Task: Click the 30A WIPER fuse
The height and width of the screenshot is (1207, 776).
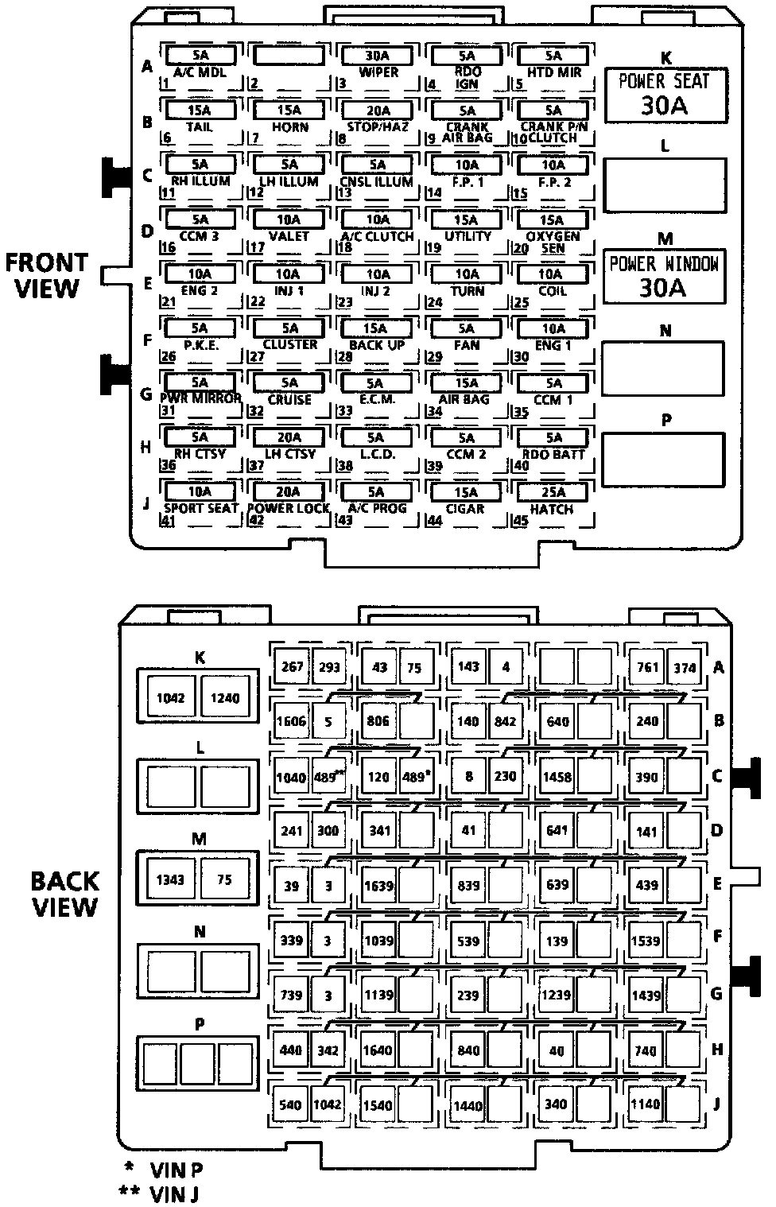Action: click(378, 56)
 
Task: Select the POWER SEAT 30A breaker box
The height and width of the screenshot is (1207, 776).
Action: click(665, 94)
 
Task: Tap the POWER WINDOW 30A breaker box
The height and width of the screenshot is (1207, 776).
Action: click(664, 276)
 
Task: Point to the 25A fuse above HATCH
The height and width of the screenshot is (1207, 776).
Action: click(553, 492)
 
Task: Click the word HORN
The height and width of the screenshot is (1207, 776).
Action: click(289, 127)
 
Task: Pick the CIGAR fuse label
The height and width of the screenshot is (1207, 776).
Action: click(466, 509)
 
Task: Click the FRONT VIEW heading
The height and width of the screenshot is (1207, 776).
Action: click(48, 275)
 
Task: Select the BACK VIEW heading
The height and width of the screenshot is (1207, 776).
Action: click(65, 894)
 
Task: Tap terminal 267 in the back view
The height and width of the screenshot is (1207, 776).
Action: click(292, 666)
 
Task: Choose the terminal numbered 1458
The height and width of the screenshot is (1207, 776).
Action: click(557, 776)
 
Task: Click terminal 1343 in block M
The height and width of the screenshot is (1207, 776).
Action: click(170, 879)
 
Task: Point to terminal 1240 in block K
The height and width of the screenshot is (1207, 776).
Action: click(224, 698)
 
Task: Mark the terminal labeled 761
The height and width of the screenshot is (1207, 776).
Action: click(648, 667)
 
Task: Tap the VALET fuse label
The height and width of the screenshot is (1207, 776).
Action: click(289, 236)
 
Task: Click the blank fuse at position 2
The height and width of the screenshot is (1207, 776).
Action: click(289, 55)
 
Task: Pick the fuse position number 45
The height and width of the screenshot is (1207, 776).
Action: click(521, 522)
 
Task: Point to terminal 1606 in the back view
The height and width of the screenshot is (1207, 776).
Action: click(290, 721)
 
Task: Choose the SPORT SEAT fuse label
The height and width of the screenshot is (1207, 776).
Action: click(201, 508)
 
